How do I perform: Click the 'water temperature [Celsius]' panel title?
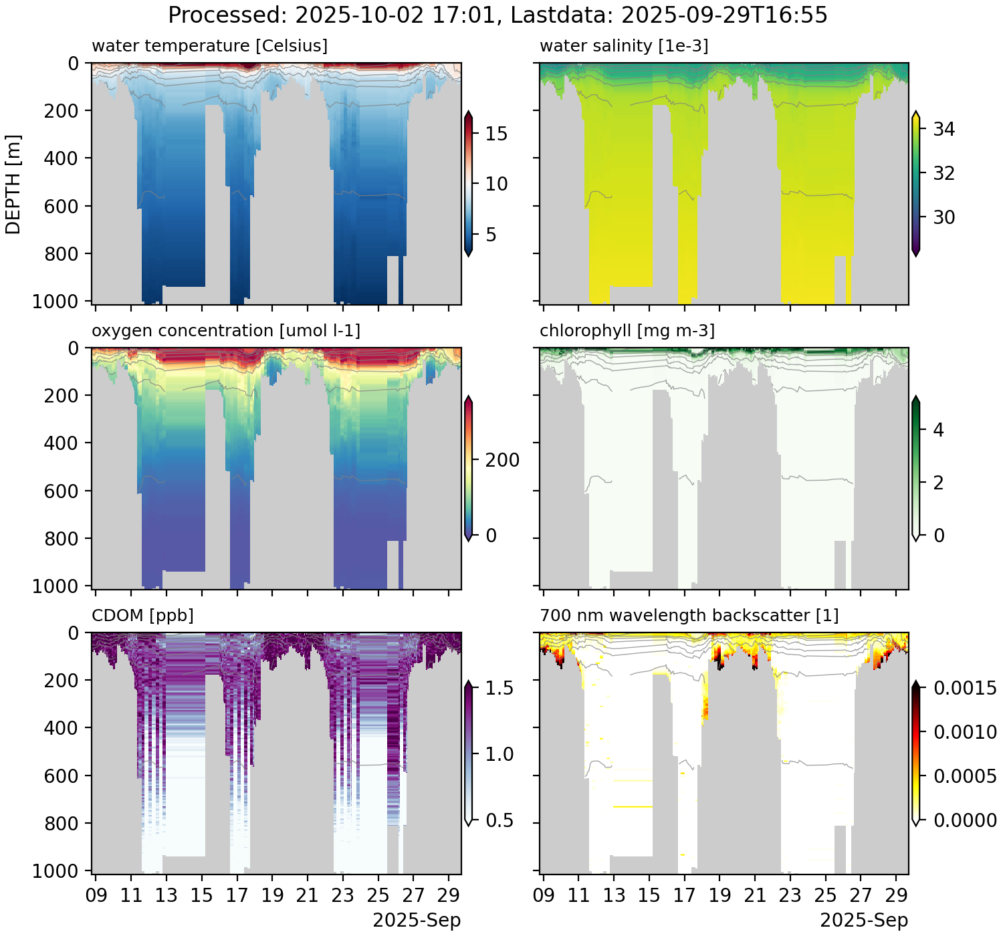(x=209, y=46)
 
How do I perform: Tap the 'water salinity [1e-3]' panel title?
(x=624, y=46)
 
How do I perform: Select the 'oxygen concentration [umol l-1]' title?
(x=226, y=331)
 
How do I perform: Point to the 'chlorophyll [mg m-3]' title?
(x=627, y=331)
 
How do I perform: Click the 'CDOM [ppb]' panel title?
(x=142, y=615)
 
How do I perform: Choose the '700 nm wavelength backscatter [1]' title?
(x=689, y=615)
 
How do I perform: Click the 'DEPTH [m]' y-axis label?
(x=13, y=184)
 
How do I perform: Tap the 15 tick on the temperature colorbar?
(x=496, y=134)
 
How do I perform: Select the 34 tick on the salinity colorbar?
(x=943, y=129)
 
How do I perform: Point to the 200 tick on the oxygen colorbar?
(x=502, y=460)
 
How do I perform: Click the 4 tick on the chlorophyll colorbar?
(x=938, y=430)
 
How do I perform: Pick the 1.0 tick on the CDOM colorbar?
(x=499, y=754)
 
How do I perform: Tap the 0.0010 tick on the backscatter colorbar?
(x=965, y=732)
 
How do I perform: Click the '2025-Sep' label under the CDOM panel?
(x=417, y=921)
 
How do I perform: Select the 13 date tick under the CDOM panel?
(x=166, y=895)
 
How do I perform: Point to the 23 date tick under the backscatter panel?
(x=790, y=895)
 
